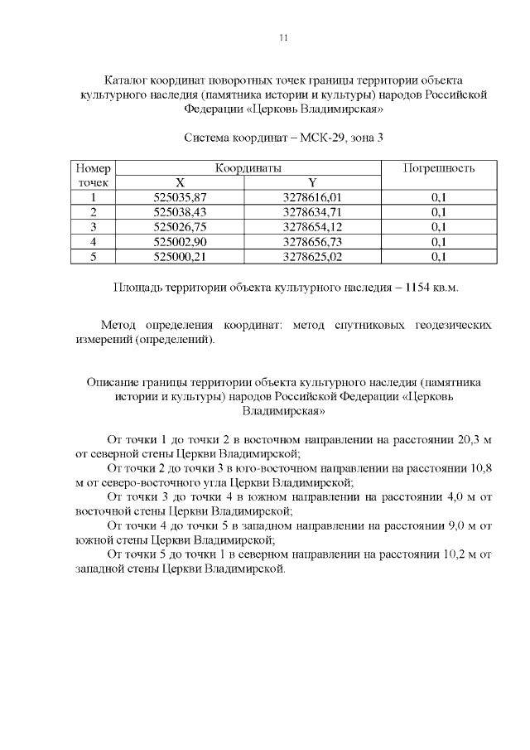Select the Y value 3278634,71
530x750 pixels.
pos(312,212)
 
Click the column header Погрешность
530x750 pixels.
pos(438,168)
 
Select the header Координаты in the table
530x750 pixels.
pos(248,168)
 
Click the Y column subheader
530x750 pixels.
pos(312,182)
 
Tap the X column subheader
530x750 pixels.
pos(180,182)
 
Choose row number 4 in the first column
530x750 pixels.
pos(94,242)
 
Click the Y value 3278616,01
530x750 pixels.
pos(312,197)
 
